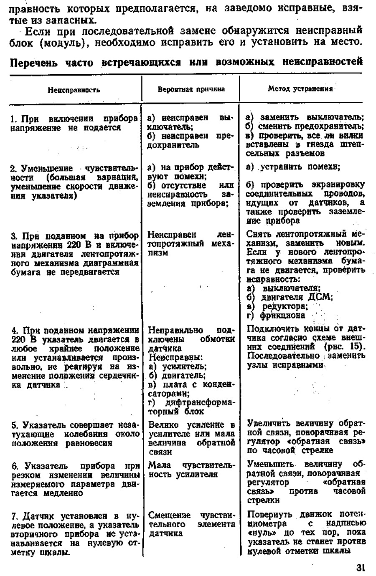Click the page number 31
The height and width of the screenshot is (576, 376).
(x=361, y=567)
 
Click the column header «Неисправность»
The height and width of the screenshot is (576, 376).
(x=74, y=90)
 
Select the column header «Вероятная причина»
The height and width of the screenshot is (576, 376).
(x=191, y=89)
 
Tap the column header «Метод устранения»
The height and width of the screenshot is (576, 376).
(x=300, y=88)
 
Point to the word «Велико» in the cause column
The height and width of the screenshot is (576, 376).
(x=163, y=425)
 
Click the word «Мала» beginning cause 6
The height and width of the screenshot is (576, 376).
(x=159, y=465)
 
